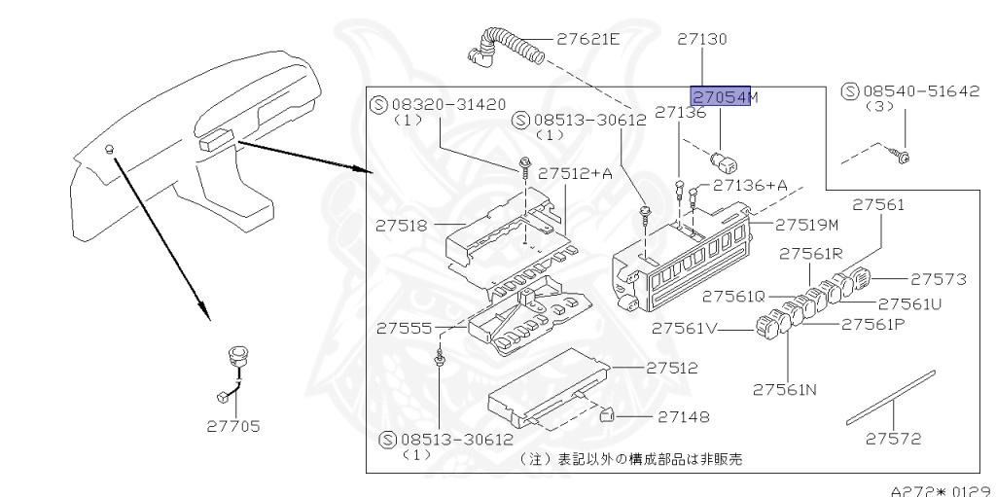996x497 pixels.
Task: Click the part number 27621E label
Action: click(x=587, y=40)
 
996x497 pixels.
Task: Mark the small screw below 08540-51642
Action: click(x=902, y=153)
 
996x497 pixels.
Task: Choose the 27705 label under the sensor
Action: click(x=232, y=425)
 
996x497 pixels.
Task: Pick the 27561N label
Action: click(x=784, y=391)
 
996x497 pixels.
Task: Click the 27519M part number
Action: click(x=806, y=225)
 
